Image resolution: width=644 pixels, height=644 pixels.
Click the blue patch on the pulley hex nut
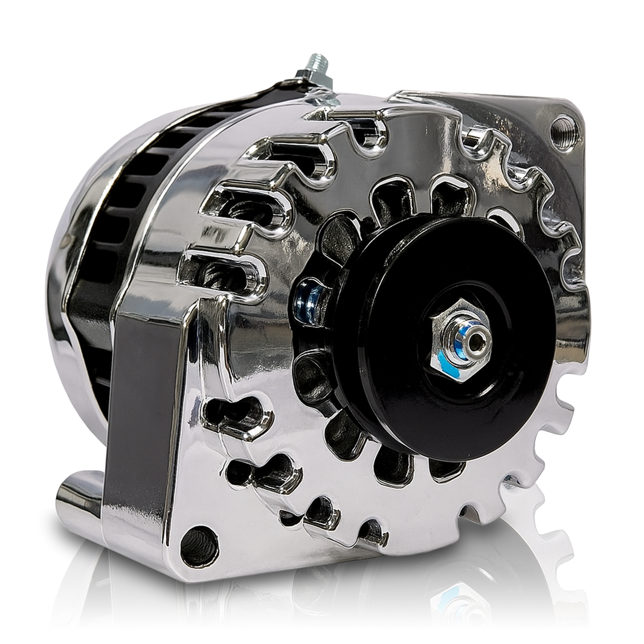[448, 362]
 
